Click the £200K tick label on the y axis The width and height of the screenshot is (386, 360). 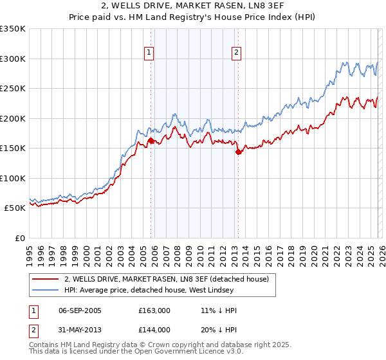[x=13, y=118]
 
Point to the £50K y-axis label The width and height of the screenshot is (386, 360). [x=15, y=208]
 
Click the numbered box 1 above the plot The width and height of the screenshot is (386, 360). [x=149, y=53]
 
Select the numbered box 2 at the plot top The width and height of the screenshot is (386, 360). [x=237, y=53]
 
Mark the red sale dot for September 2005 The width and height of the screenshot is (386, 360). [x=151, y=140]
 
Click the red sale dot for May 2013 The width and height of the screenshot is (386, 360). [x=238, y=152]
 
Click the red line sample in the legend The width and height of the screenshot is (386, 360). [x=46, y=279]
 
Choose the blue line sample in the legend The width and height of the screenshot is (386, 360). [x=46, y=290]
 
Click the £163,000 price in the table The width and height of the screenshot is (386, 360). [x=154, y=310]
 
